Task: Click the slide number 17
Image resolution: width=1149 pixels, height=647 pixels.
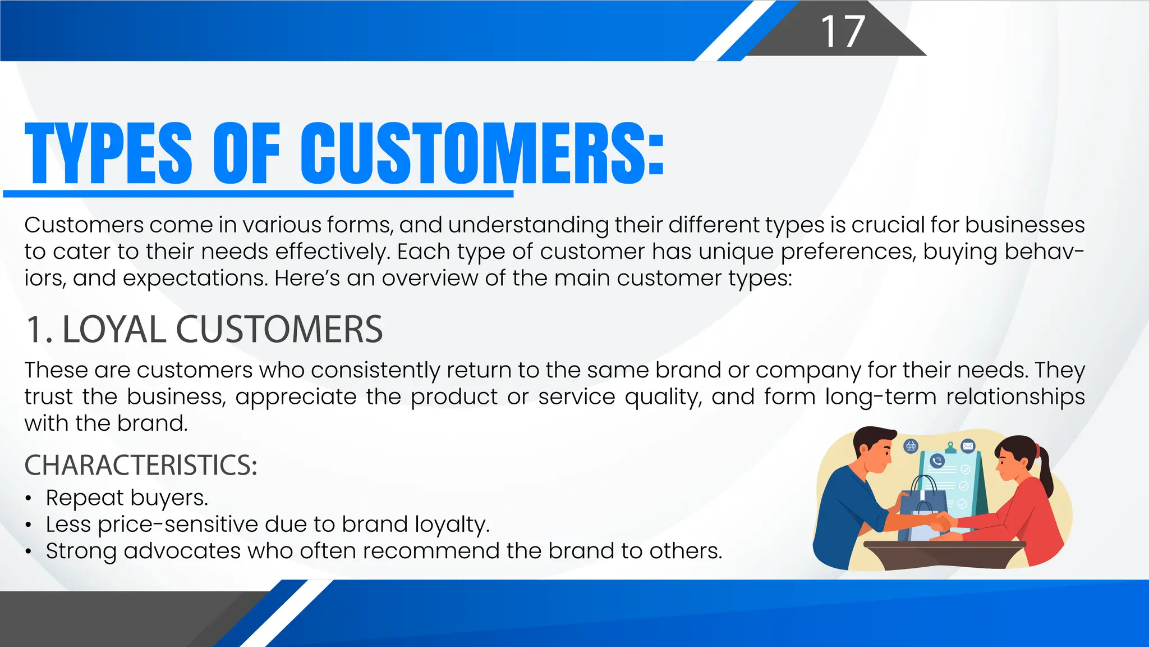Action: point(842,31)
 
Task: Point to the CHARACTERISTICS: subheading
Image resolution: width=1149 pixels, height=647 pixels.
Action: point(141,465)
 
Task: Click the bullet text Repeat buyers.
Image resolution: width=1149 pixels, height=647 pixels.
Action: point(127,498)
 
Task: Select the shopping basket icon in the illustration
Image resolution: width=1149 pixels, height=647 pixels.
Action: point(911,446)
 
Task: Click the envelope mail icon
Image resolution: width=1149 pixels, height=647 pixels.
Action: point(968,446)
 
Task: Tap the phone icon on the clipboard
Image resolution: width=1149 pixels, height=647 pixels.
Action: point(937,461)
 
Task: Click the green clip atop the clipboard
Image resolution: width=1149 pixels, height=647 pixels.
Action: point(950,448)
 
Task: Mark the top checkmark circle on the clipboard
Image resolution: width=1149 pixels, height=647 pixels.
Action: point(966,470)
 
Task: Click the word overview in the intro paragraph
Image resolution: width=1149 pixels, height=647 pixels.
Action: point(429,279)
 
